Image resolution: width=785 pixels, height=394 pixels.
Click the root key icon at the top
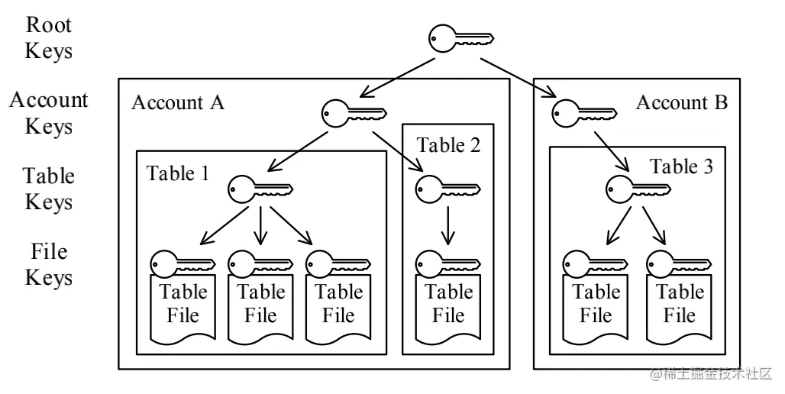click(460, 38)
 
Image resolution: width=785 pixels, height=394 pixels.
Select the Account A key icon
click(354, 113)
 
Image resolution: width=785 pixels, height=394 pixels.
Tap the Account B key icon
click(584, 113)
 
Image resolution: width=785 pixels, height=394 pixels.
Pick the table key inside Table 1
click(260, 189)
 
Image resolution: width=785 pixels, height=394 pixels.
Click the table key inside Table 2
click(448, 189)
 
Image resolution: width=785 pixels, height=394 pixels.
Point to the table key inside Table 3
click(638, 189)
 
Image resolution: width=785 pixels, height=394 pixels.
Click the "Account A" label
click(178, 102)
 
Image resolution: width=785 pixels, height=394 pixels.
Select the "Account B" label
click(682, 102)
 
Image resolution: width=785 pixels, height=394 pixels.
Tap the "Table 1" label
click(177, 173)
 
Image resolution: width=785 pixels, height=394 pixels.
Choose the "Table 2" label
click(448, 145)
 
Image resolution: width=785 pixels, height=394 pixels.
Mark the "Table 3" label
click(681, 166)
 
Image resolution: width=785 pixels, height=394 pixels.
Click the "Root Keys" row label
click(49, 38)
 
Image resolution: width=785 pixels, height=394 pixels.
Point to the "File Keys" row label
click(49, 264)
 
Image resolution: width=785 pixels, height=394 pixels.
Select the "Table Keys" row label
click(49, 189)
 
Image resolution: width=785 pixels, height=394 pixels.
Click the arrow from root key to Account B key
click(518, 78)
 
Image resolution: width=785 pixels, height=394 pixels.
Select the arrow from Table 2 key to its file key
click(448, 225)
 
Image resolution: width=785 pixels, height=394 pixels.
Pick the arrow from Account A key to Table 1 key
click(297, 151)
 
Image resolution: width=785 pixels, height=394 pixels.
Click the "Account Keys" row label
click(49, 113)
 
